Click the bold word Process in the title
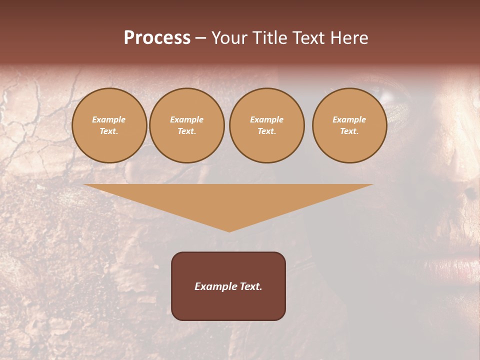pyautogui.click(x=157, y=38)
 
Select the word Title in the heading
pyautogui.click(x=271, y=38)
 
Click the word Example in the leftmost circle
pyautogui.click(x=109, y=119)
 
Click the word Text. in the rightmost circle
pyautogui.click(x=349, y=131)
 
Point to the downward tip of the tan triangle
pyautogui.click(x=229, y=230)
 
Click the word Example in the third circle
pyautogui.click(x=266, y=119)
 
